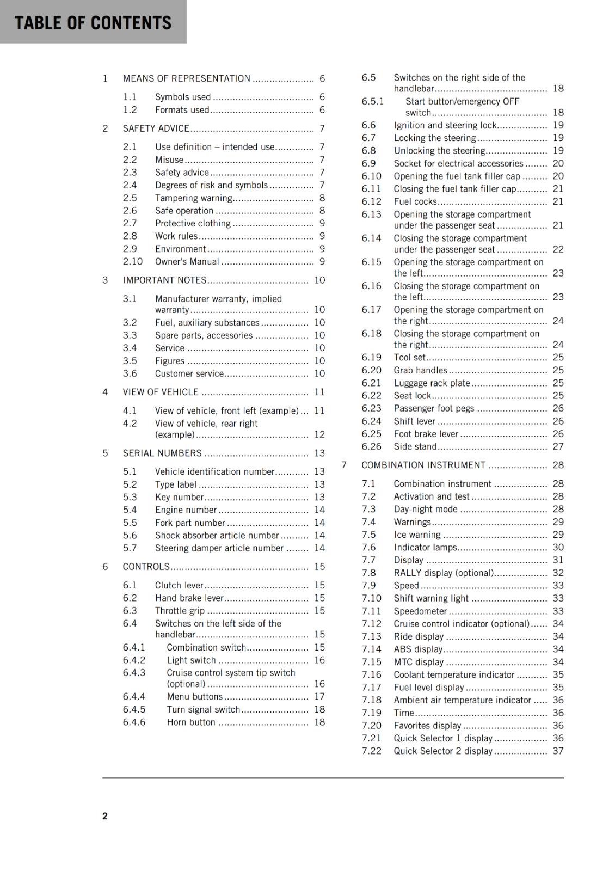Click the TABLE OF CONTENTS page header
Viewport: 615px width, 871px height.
pos(93,23)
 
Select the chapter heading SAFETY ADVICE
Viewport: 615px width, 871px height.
pos(156,128)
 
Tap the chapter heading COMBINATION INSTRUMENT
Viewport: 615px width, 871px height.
pos(423,465)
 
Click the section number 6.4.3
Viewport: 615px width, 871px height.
pos(134,673)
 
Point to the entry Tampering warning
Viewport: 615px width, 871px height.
pos(194,198)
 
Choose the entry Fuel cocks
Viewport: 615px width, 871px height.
pos(415,201)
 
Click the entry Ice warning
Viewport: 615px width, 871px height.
pos(417,535)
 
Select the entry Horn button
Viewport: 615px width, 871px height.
pos(191,722)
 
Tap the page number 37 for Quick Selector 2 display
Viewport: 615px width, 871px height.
pos(558,751)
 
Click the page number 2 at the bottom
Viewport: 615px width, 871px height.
pos(105,815)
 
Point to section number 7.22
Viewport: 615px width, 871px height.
pos(372,751)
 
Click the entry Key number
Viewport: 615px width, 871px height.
pos(179,497)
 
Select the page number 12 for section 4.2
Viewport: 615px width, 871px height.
pos(319,434)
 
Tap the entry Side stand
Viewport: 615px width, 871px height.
pos(415,446)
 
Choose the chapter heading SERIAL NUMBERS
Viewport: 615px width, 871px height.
pos(162,453)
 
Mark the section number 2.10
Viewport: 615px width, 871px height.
pos(133,261)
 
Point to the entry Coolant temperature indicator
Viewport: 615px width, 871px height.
pos(454,674)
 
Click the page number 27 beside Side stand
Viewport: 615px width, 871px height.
pos(558,446)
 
